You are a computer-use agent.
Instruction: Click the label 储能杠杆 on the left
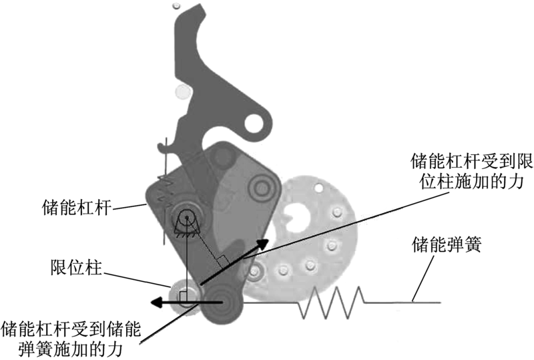coord(77,208)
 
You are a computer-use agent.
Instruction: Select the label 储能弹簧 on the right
coord(447,244)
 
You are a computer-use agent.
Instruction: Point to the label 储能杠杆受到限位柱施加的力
coord(472,172)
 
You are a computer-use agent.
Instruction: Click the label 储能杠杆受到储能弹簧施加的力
coord(71,339)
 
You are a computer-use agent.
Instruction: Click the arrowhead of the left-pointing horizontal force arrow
coord(156,302)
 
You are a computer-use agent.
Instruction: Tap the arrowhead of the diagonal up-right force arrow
coord(262,243)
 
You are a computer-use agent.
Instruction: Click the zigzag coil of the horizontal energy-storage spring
coord(331,303)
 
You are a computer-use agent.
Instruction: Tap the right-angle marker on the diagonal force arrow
coord(223,261)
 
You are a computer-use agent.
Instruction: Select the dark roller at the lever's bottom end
coord(222,303)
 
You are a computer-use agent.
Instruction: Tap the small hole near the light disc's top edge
coord(318,187)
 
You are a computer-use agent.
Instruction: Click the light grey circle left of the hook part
coord(182,92)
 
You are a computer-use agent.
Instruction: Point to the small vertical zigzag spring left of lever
coord(164,191)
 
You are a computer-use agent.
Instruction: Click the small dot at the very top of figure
coord(176,5)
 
